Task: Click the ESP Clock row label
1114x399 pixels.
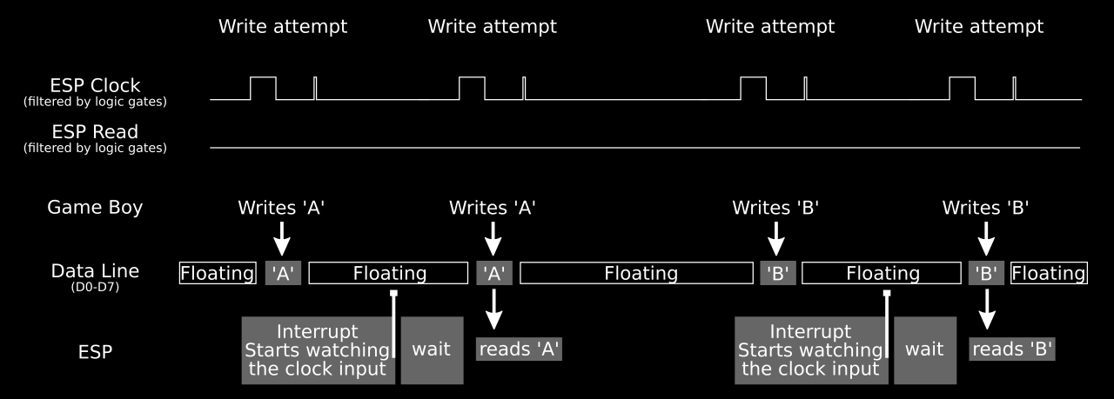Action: (95, 85)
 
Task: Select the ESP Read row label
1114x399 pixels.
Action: (95, 132)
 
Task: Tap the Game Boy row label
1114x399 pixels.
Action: (95, 207)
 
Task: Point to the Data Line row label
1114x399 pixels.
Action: (95, 270)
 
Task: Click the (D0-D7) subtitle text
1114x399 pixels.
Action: (95, 285)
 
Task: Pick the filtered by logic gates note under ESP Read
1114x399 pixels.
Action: (95, 148)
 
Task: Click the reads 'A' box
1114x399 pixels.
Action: (520, 349)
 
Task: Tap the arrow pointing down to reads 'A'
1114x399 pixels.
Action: (494, 309)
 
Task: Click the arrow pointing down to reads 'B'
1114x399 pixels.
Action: (986, 309)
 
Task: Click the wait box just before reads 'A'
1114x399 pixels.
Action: (432, 349)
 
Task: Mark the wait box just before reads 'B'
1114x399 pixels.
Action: (924, 349)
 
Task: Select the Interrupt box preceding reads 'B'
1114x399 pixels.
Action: (810, 349)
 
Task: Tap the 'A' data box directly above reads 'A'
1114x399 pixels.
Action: (494, 273)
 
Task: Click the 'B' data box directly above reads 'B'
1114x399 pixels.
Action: (986, 273)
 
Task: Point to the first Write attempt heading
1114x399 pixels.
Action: (283, 26)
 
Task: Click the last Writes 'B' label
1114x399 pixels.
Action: (986, 208)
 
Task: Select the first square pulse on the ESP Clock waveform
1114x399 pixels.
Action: (263, 88)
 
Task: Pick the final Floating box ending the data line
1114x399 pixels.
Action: (1049, 273)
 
